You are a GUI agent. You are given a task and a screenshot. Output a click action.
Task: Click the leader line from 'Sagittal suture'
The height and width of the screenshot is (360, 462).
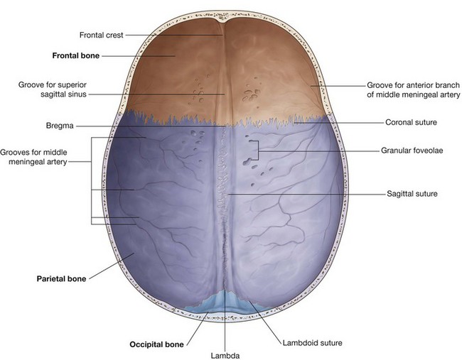299,193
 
